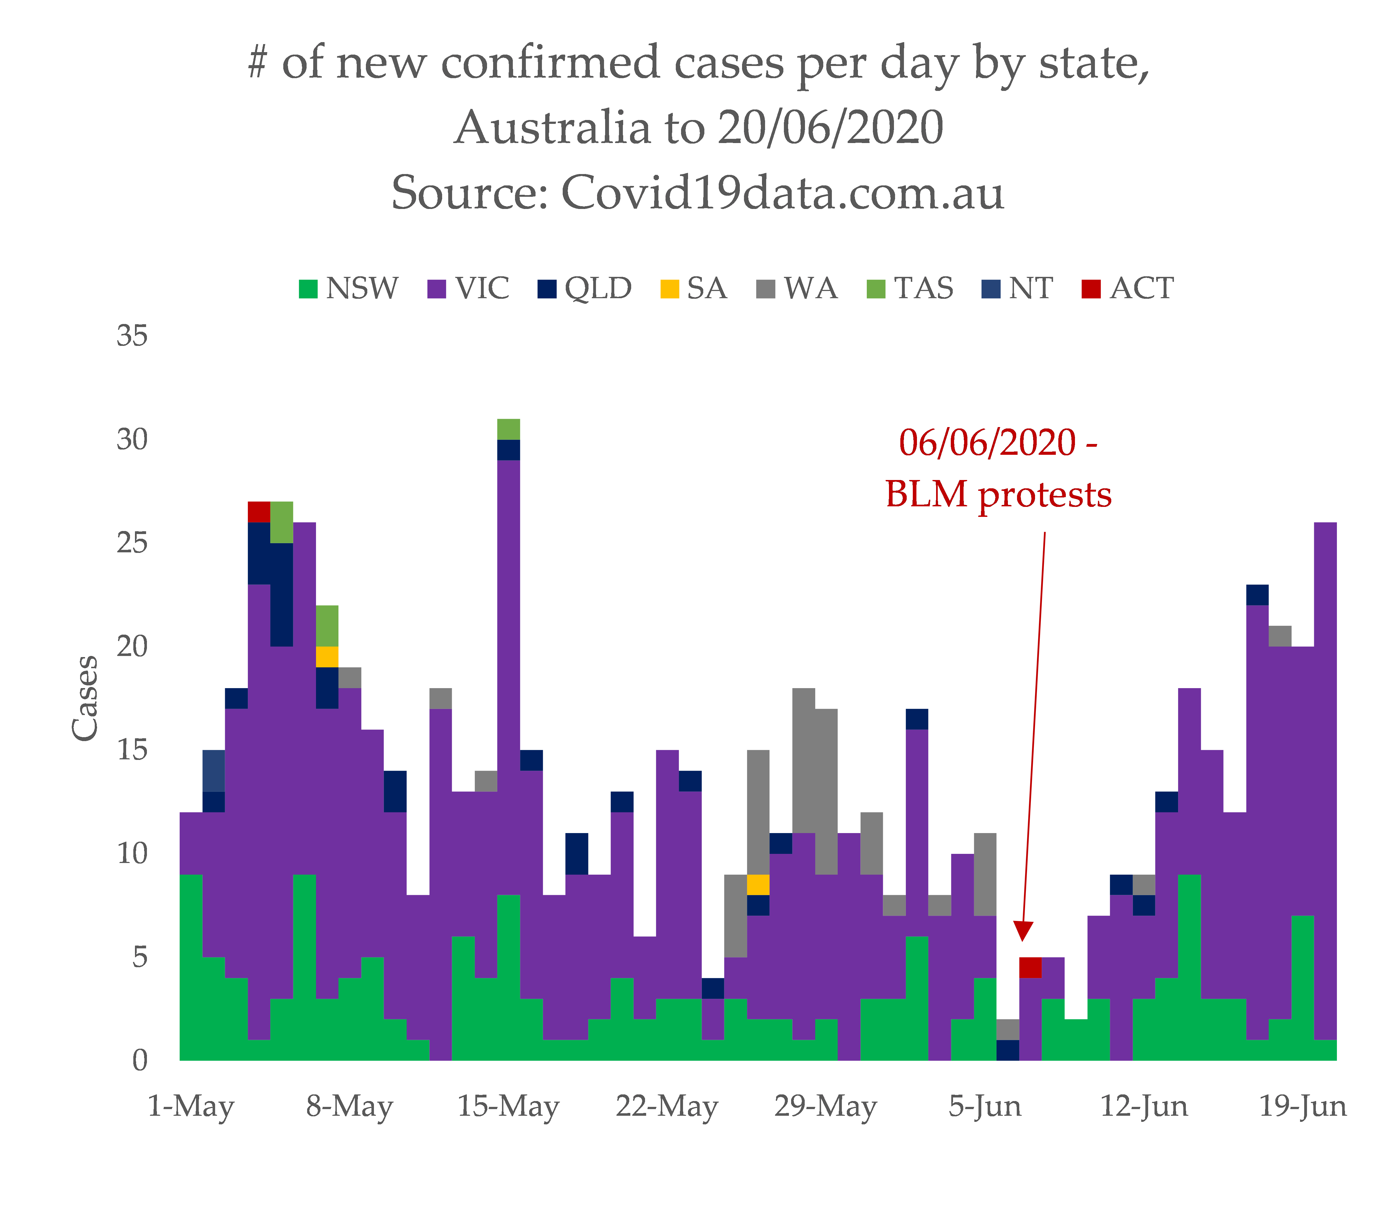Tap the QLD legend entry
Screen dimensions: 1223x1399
[x=585, y=289]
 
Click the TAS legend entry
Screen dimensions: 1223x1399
[x=910, y=289]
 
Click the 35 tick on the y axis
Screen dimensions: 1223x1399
[x=132, y=336]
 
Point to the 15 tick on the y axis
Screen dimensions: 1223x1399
[x=132, y=750]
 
